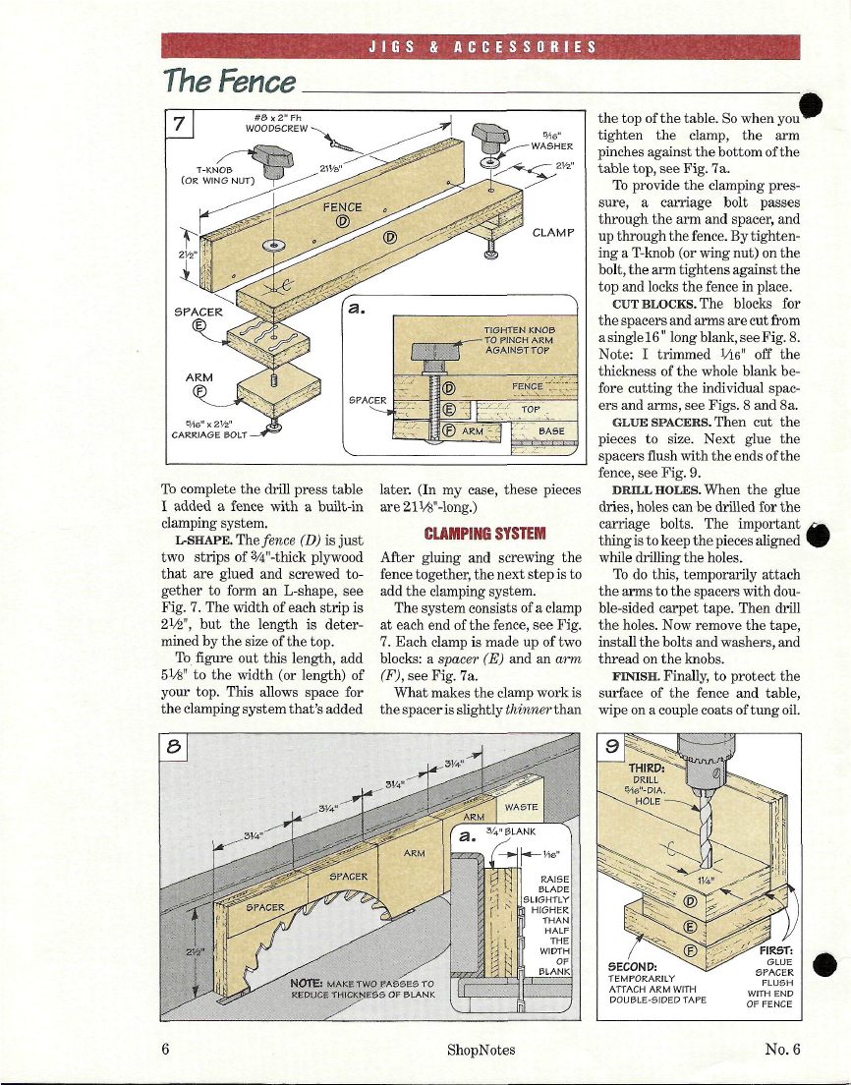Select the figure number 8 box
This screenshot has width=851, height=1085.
tap(179, 746)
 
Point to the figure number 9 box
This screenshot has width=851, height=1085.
tap(611, 746)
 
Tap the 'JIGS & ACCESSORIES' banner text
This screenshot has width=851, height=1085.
tap(481, 46)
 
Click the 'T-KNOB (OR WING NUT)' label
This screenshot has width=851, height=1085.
tap(218, 174)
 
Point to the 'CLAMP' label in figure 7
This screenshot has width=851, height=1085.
tap(552, 233)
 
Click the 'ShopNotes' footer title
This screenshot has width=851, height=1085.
tap(481, 1050)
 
